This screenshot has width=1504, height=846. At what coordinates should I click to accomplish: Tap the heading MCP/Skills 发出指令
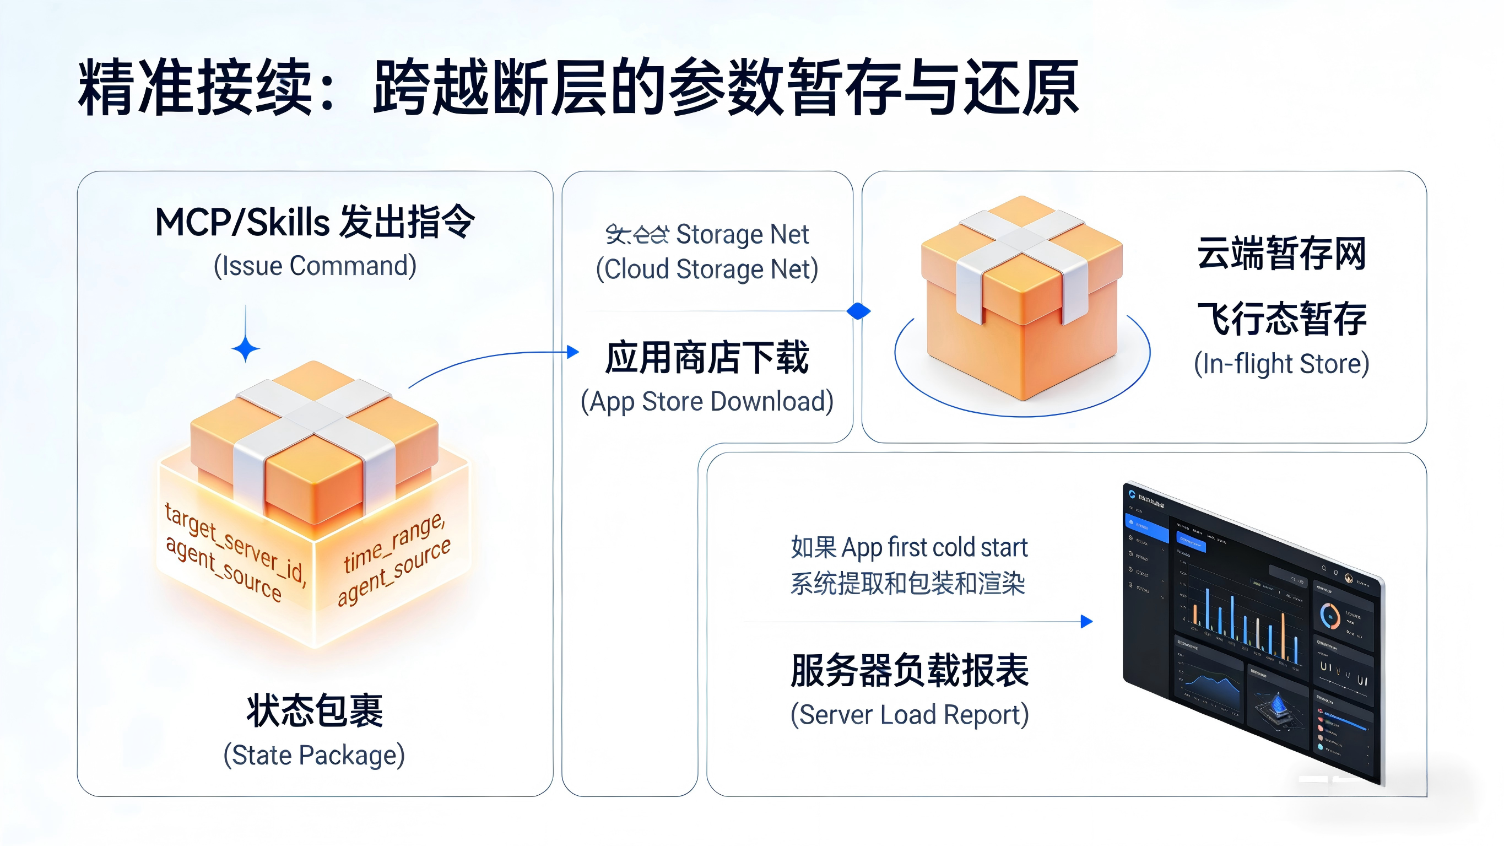click(x=315, y=222)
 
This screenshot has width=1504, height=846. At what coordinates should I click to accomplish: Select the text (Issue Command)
click(x=315, y=266)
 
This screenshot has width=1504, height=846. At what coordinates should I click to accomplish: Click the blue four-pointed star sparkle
click(x=246, y=349)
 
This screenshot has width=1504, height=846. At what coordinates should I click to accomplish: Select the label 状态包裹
click(x=315, y=710)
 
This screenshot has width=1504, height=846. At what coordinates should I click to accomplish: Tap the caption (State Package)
click(x=314, y=755)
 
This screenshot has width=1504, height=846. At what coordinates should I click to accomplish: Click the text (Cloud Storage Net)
click(x=706, y=270)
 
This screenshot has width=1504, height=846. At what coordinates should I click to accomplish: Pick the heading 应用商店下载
click(x=706, y=357)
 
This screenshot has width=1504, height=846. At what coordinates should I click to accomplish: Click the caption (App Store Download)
click(x=706, y=401)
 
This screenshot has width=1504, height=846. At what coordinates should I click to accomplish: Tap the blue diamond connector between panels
click(x=858, y=311)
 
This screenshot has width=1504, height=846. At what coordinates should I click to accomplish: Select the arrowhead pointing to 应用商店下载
click(x=574, y=352)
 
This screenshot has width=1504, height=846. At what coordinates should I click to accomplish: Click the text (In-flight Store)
click(x=1281, y=363)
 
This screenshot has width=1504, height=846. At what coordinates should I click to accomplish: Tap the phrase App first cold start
click(x=934, y=547)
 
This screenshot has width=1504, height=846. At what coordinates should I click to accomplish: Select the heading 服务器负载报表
click(x=909, y=670)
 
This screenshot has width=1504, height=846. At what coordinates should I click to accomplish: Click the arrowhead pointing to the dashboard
click(x=1086, y=621)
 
